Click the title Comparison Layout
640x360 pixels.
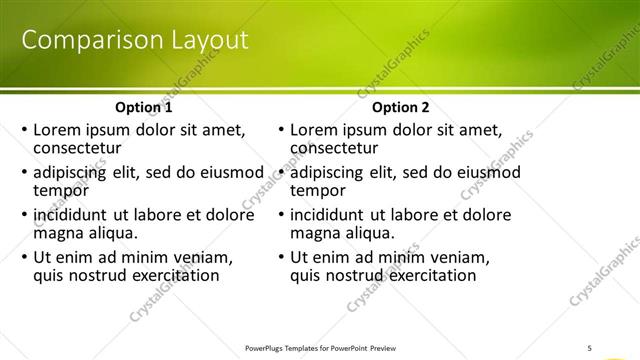[135, 41]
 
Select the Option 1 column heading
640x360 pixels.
[143, 107]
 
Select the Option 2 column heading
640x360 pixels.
[400, 107]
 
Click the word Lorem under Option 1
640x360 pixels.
[58, 129]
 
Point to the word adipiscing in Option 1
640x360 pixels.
[75, 172]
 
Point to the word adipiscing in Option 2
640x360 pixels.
[332, 172]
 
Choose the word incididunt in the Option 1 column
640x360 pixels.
[72, 215]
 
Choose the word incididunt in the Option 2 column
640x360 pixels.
[329, 215]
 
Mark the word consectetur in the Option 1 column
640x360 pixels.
[80, 148]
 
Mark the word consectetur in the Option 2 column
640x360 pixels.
[337, 148]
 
